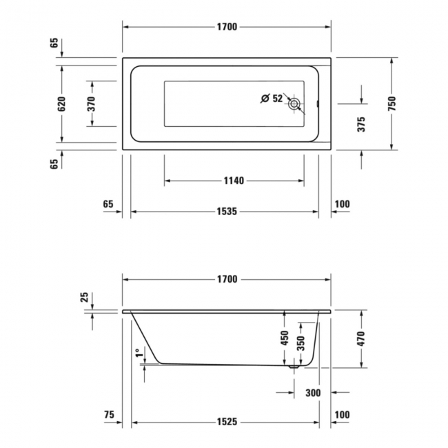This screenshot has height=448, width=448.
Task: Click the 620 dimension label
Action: click(61, 104)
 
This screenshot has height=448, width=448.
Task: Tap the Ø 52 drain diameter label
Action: click(272, 99)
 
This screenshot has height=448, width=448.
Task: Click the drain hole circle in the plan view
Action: click(294, 104)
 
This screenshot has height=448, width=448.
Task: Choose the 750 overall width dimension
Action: click(391, 104)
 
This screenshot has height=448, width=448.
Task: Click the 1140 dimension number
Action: click(234, 181)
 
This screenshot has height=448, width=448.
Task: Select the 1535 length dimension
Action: click(227, 212)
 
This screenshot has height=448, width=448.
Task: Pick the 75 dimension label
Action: click(108, 415)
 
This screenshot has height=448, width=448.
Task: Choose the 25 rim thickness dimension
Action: click(85, 297)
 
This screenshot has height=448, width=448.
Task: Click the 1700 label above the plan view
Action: click(227, 27)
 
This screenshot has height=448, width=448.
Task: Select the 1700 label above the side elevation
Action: click(227, 279)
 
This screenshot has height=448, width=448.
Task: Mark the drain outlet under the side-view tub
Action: click(294, 368)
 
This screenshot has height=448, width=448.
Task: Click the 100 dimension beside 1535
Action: click(343, 204)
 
